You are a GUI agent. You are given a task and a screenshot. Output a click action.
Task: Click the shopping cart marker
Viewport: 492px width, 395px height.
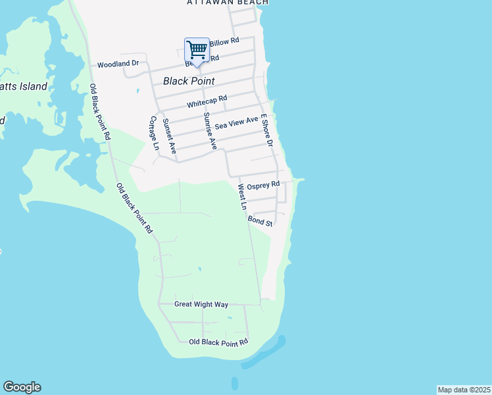click(x=197, y=51)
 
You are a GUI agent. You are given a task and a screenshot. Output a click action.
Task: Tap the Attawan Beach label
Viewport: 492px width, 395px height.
click(x=228, y=3)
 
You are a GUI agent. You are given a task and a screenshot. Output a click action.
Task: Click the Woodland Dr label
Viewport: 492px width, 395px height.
click(x=118, y=65)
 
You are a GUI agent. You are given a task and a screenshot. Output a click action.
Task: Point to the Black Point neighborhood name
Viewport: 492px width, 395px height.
click(x=189, y=81)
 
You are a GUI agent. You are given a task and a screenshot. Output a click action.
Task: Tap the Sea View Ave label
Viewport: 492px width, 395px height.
click(x=237, y=122)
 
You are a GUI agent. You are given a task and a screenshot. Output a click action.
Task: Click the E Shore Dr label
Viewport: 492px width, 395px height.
click(x=266, y=130)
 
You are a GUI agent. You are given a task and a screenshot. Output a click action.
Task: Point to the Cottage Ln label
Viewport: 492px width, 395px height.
click(x=155, y=134)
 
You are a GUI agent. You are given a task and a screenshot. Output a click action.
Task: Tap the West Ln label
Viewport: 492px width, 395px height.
click(x=242, y=197)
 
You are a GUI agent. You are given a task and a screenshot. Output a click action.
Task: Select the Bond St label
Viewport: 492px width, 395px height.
click(x=260, y=223)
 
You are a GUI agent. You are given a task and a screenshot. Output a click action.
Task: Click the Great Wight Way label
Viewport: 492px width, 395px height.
click(x=201, y=304)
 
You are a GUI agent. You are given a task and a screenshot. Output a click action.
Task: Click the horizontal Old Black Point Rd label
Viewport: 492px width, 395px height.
click(x=218, y=342)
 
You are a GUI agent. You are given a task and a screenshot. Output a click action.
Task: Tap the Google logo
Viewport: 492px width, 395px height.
click(x=22, y=387)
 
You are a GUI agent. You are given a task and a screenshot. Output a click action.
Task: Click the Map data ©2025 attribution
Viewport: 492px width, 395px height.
click(x=464, y=390)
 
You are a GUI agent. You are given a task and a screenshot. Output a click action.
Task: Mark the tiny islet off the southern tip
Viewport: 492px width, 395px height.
click(x=234, y=381)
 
